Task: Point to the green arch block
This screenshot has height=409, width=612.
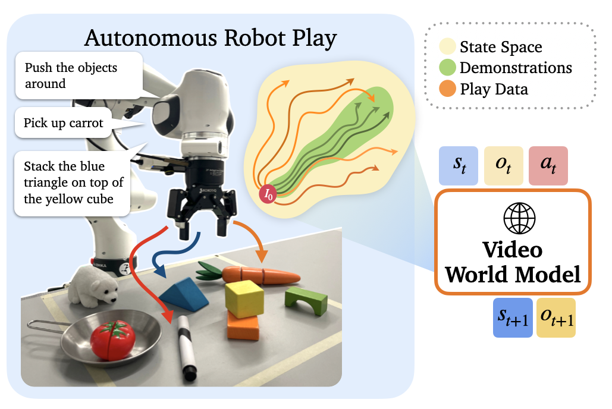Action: click(306, 301)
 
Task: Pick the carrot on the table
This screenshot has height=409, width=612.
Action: click(256, 275)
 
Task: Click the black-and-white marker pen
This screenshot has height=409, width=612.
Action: click(186, 347)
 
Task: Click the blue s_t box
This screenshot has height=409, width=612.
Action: click(459, 165)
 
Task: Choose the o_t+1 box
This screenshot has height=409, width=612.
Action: click(556, 318)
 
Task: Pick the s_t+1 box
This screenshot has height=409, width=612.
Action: click(513, 318)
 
